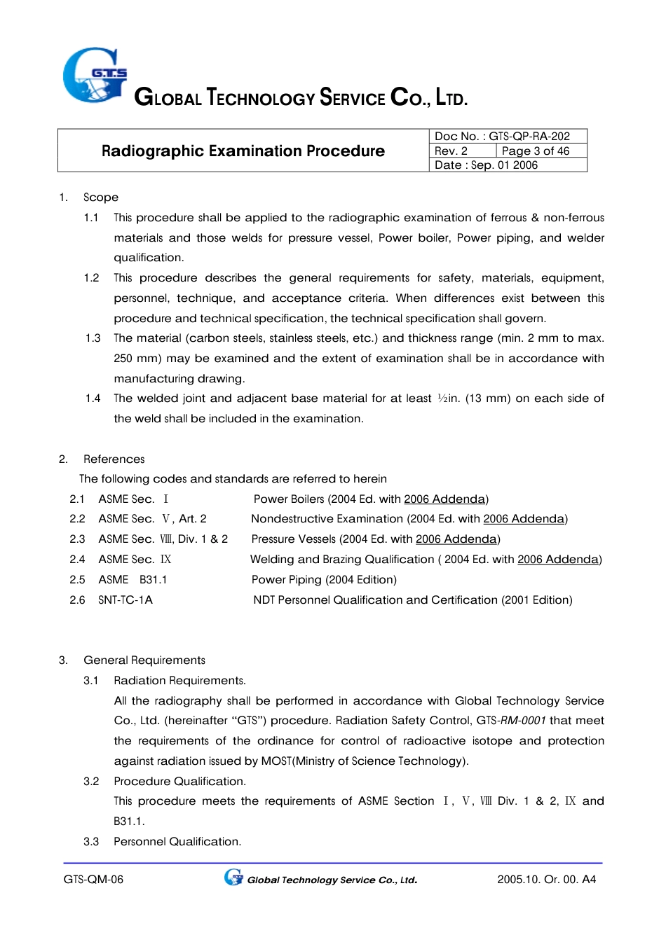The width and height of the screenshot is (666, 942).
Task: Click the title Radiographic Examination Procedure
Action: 243,151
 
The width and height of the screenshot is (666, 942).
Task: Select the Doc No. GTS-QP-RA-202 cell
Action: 502,136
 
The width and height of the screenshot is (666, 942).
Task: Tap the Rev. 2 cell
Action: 451,151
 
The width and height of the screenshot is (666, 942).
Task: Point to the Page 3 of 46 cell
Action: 536,151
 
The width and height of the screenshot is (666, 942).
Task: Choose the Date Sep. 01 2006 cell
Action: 487,165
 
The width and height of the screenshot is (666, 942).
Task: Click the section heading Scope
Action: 101,198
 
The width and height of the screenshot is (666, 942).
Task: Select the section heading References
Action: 114,459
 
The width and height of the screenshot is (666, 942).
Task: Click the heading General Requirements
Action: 144,660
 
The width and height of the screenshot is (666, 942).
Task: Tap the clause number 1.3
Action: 93,338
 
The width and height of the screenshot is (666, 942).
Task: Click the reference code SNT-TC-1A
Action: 125,600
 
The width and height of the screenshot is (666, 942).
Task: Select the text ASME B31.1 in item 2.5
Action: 132,580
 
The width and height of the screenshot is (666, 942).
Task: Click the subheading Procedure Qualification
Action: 179,782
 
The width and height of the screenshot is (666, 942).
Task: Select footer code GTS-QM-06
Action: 93,880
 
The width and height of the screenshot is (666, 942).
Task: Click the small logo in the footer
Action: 233,878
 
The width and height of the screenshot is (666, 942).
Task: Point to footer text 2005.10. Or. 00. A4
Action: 546,880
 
